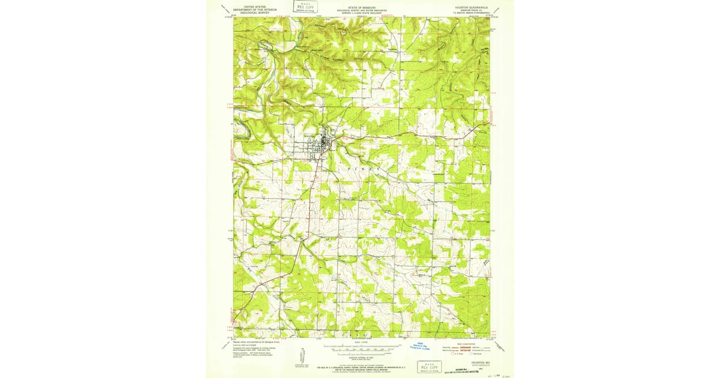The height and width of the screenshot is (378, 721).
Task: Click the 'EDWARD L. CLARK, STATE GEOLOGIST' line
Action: pyautogui.click(x=360, y=14)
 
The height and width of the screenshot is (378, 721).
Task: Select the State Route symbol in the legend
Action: pyautogui.click(x=475, y=353)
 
